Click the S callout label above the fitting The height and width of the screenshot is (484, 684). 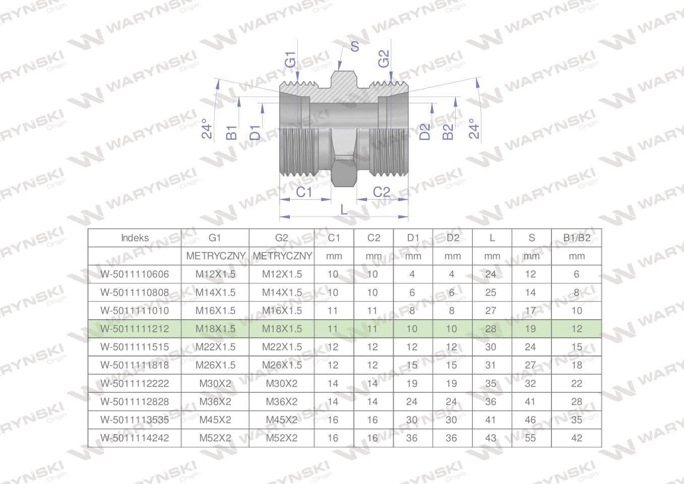[x=354, y=46]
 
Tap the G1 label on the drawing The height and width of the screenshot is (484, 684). [x=290, y=59]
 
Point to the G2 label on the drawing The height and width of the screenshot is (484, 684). [x=384, y=58]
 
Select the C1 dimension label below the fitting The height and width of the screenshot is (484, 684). [x=304, y=193]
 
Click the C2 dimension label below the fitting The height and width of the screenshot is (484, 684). [x=382, y=193]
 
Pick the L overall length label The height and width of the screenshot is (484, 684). [x=344, y=210]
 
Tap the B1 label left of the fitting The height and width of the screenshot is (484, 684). [x=231, y=132]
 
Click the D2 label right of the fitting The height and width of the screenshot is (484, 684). [x=424, y=132]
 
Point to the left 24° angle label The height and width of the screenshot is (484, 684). [x=207, y=129]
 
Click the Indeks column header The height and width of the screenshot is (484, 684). [x=135, y=238]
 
